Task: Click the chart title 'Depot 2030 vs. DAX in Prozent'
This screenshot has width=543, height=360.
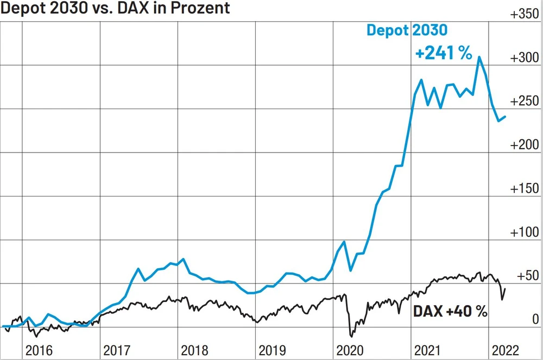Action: point(116,8)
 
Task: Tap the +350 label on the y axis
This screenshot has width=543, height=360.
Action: point(524,15)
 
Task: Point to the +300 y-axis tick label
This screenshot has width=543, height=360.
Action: point(524,58)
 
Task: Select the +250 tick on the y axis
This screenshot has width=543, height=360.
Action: point(524,102)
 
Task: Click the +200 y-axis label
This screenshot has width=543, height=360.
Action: point(524,145)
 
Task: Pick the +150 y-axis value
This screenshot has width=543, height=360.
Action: point(524,189)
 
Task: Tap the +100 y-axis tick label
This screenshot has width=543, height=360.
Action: point(524,232)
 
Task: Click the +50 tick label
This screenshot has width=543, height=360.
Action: point(527,276)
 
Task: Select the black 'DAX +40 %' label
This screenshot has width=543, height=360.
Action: point(450,311)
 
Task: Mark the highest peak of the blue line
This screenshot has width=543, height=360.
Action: point(479,56)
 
